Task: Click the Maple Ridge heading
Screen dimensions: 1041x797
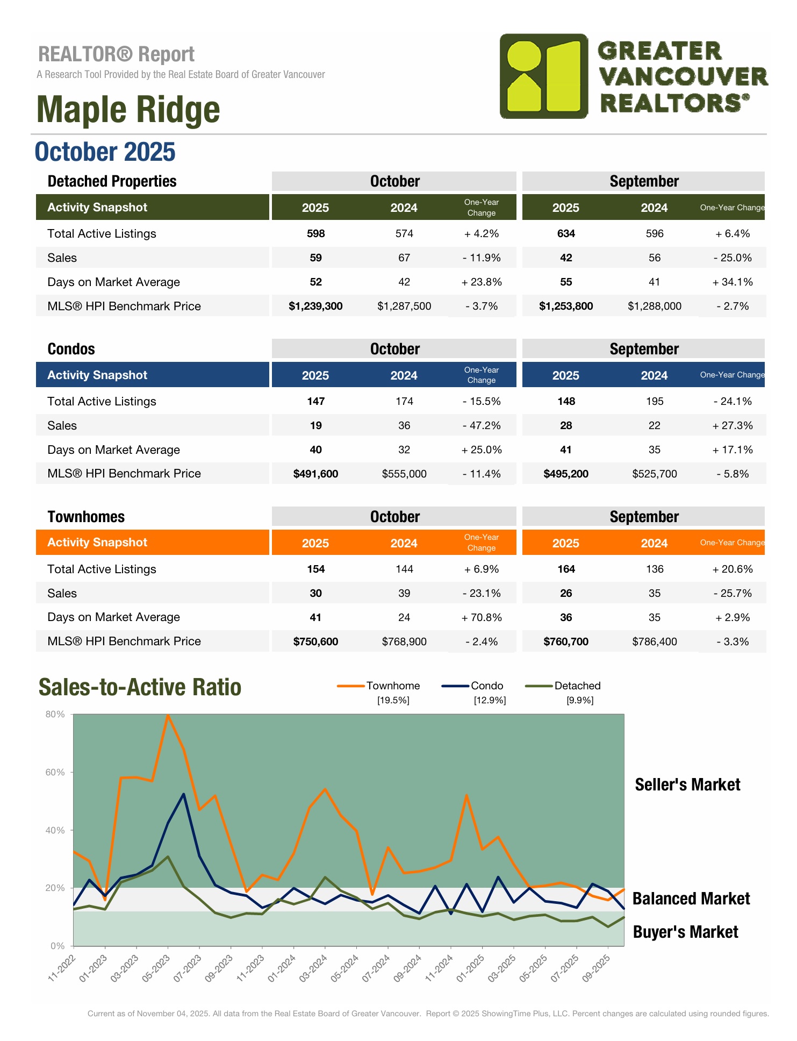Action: (x=128, y=110)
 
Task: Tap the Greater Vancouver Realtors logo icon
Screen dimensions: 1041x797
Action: (x=544, y=76)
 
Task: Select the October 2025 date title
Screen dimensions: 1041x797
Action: (x=105, y=152)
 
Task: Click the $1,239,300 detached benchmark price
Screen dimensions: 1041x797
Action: (x=315, y=306)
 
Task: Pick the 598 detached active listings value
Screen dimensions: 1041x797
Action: (x=315, y=234)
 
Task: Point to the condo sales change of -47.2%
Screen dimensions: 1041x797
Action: (x=482, y=426)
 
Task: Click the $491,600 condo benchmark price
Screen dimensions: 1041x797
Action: (x=315, y=474)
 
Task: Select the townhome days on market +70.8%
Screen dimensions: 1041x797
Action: (x=482, y=618)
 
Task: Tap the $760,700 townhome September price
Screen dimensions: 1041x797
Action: (x=566, y=642)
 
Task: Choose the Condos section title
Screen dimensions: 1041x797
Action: (x=71, y=350)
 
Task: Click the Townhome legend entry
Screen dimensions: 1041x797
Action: (x=393, y=686)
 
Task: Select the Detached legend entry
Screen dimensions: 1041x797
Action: (x=577, y=686)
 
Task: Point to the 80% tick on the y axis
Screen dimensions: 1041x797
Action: (x=55, y=715)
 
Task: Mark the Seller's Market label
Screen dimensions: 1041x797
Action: (x=687, y=785)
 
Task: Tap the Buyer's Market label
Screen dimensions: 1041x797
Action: (x=685, y=932)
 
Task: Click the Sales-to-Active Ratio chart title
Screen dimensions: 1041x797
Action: (x=140, y=688)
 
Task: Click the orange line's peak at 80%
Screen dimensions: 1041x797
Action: (x=168, y=715)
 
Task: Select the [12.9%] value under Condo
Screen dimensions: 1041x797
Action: (x=490, y=701)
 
